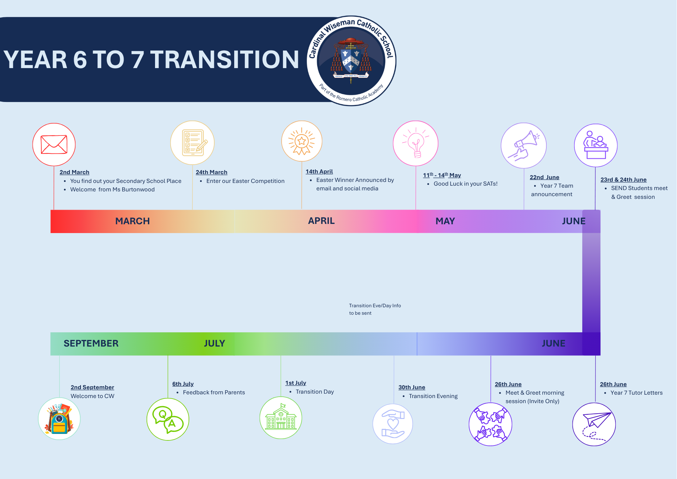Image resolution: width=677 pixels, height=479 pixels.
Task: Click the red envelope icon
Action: tap(54, 145)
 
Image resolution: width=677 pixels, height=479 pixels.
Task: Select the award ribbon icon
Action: tap(302, 141)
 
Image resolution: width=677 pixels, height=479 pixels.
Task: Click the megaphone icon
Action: tap(524, 145)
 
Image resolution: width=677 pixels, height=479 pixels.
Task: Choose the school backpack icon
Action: tap(59, 419)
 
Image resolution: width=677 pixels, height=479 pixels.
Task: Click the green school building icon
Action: tap(281, 417)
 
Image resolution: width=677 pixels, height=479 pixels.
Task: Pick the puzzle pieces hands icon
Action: tap(490, 424)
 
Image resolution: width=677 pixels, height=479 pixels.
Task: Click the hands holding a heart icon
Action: tap(393, 424)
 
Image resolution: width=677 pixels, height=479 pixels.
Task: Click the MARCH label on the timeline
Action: tap(132, 221)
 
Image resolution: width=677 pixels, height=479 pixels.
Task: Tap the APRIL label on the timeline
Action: tap(321, 221)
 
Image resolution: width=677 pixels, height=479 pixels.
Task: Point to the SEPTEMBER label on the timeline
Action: tap(91, 343)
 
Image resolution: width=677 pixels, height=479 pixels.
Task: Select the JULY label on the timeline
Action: tap(215, 343)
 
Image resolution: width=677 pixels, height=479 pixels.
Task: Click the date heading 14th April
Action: tap(319, 171)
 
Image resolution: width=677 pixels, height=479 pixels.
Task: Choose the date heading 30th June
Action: tap(412, 387)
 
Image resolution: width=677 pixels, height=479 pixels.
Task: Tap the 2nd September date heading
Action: tap(92, 387)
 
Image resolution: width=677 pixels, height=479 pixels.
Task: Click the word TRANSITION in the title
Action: tap(224, 60)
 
